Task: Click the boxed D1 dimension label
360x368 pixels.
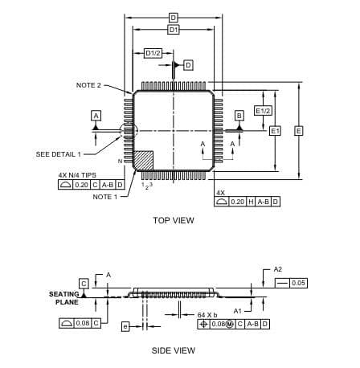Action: tap(174, 30)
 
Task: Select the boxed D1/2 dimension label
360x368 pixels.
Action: tap(153, 53)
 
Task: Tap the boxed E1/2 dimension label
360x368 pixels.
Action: tap(263, 111)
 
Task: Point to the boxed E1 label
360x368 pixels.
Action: tap(275, 131)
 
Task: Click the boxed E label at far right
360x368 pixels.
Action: tap(299, 131)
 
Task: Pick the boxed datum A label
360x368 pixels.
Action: tap(96, 116)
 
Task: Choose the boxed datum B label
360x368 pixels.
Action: tap(239, 116)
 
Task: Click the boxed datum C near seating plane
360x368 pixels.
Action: tap(84, 284)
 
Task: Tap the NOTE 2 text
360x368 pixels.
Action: tap(88, 85)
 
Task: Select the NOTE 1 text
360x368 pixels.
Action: tap(105, 197)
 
